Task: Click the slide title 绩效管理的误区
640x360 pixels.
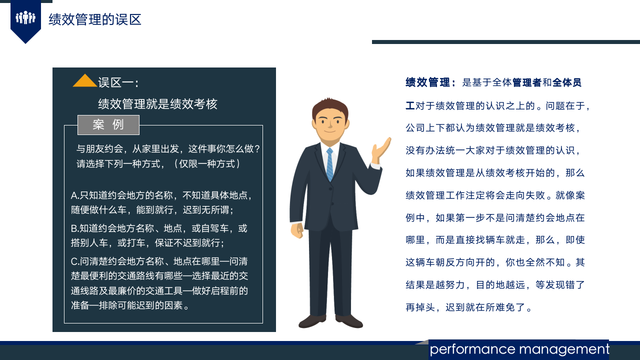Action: [x=95, y=19]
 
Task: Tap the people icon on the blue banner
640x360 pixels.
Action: [x=25, y=18]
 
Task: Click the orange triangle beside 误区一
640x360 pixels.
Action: [x=84, y=81]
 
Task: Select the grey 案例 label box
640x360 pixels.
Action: [x=108, y=125]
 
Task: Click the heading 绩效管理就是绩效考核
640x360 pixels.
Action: [x=157, y=104]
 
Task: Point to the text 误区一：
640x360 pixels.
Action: [x=118, y=82]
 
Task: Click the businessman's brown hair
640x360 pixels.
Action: [x=329, y=106]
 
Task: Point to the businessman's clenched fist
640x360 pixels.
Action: [x=297, y=230]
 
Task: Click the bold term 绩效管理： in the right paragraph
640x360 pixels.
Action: [x=430, y=82]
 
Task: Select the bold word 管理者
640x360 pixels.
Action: [x=526, y=82]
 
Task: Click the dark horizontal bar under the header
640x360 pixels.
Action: [x=505, y=42]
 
